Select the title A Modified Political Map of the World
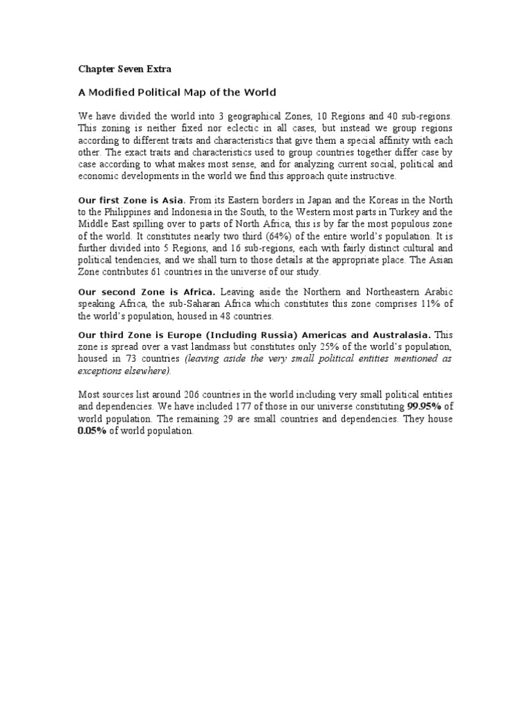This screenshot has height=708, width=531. tap(176, 92)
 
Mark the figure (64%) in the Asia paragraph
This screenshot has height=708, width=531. tap(279, 234)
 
